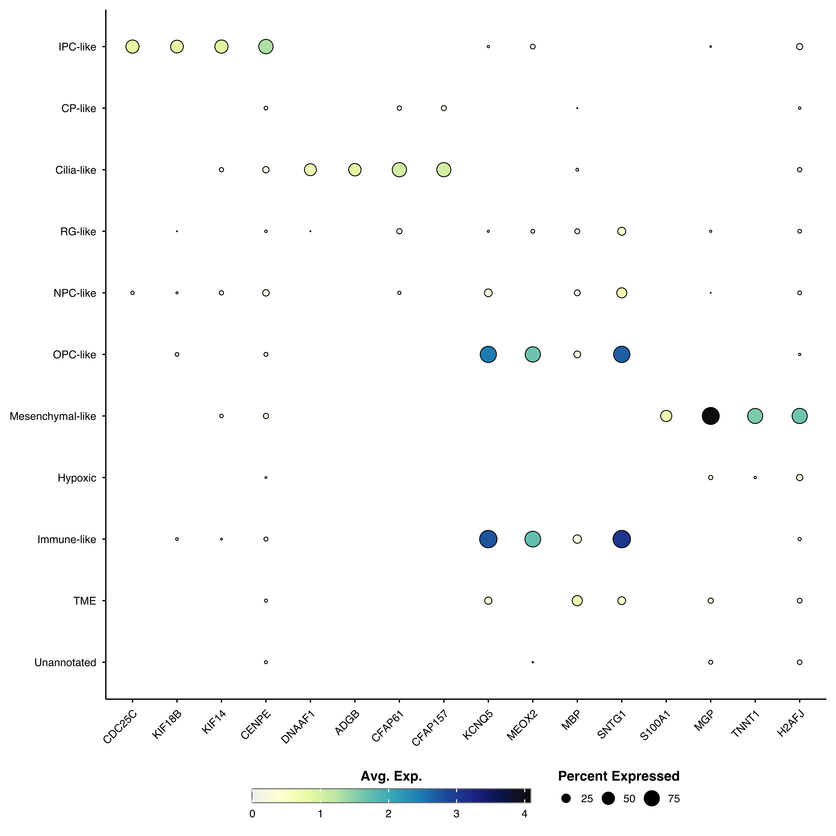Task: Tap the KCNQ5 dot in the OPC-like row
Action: pyautogui.click(x=488, y=354)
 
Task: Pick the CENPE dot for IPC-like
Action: pyautogui.click(x=266, y=46)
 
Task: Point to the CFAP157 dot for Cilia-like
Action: pyautogui.click(x=444, y=170)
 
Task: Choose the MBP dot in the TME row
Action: pyautogui.click(x=577, y=601)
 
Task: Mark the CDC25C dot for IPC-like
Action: pyautogui.click(x=132, y=46)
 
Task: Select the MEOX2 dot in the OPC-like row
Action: pyautogui.click(x=533, y=354)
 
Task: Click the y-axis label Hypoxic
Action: pyautogui.click(x=77, y=478)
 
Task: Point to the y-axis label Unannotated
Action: pyautogui.click(x=65, y=663)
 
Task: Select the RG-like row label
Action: pyautogui.click(x=78, y=232)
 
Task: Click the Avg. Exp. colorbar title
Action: pyautogui.click(x=391, y=776)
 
